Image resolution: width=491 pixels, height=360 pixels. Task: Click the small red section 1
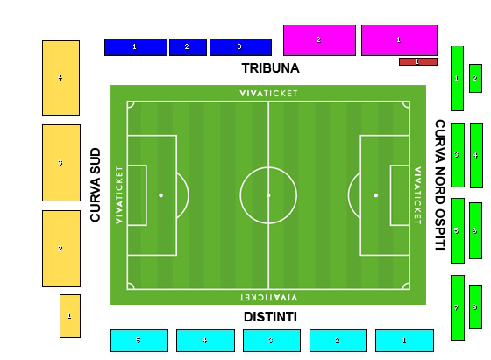pos(418,61)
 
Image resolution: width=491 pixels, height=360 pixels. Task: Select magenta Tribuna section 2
pos(319,40)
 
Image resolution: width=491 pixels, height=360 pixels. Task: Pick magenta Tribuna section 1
pos(399,40)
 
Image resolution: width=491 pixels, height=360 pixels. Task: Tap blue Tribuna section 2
pos(188,47)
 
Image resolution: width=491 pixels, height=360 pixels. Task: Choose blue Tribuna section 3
pos(240,47)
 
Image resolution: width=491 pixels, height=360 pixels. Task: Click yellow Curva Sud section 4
pos(60,78)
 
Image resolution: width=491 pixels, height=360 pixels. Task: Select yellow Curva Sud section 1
pos(70,316)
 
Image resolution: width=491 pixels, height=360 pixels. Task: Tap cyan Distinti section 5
pos(139,341)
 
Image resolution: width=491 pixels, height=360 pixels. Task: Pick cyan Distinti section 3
pos(272,341)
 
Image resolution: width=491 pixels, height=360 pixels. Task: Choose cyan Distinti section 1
pos(404,341)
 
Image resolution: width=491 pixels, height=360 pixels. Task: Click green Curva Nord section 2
pos(475,78)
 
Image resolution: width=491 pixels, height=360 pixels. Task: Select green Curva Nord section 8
pos(475,307)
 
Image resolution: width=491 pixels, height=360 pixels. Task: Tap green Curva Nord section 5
pos(458,231)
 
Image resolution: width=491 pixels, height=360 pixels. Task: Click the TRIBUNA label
pos(271,68)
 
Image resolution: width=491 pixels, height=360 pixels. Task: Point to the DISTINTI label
pos(271,317)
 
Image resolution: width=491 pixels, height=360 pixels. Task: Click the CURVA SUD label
pos(96,185)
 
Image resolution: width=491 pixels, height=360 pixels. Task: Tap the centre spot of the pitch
pos(268,195)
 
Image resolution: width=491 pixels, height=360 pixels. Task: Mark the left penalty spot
pos(161,195)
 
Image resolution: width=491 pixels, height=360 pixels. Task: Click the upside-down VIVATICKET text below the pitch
pos(268,297)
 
